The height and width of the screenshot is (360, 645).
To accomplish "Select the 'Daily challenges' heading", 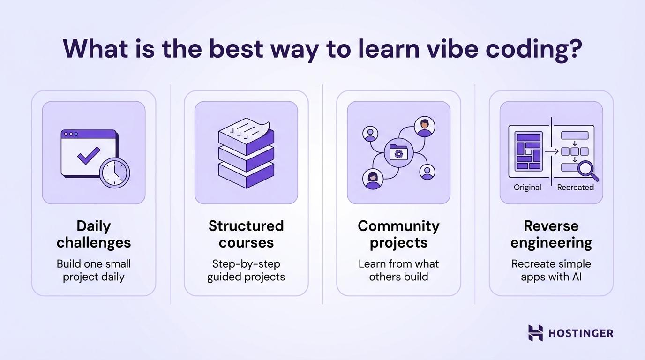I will pyautogui.click(x=94, y=234).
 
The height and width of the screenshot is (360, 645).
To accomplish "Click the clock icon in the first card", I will pyautogui.click(x=115, y=173).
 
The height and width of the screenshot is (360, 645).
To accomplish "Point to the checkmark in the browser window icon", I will pyautogui.click(x=89, y=156).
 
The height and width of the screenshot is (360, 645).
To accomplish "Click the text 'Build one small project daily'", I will pyautogui.click(x=94, y=270).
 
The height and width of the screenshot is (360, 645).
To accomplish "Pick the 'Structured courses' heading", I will pyautogui.click(x=246, y=234).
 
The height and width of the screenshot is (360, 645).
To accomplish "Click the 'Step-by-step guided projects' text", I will pyautogui.click(x=246, y=270).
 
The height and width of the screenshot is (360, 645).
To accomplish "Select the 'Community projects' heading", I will pyautogui.click(x=398, y=234).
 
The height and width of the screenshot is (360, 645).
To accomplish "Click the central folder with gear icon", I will pyautogui.click(x=398, y=152).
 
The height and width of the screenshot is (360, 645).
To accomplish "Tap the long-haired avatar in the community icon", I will pyautogui.click(x=373, y=179).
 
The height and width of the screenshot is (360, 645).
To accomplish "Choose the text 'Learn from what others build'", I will pyautogui.click(x=398, y=270).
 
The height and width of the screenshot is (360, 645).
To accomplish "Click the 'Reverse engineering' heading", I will pyautogui.click(x=551, y=234).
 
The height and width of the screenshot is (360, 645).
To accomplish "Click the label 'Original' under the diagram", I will pyautogui.click(x=527, y=187).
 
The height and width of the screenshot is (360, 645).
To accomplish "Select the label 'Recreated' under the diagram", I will pyautogui.click(x=575, y=187).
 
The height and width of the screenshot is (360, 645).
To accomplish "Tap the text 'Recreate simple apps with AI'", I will pyautogui.click(x=551, y=270).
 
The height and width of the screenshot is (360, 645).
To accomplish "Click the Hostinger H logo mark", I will pyautogui.click(x=535, y=333).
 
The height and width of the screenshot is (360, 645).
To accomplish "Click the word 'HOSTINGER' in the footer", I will pyautogui.click(x=580, y=333).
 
